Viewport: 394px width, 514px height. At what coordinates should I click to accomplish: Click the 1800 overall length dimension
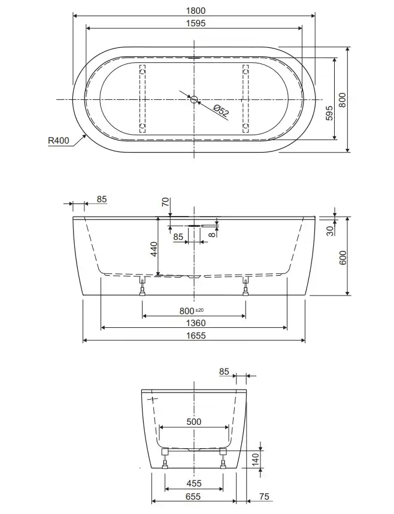[x=196, y=11]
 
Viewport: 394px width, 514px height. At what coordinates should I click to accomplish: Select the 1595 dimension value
[x=196, y=23]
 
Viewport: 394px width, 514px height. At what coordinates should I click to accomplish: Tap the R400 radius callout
[x=59, y=140]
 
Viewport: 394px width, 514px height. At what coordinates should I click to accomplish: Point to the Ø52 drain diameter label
[x=221, y=111]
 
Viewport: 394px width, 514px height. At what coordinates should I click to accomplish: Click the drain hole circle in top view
[x=194, y=99]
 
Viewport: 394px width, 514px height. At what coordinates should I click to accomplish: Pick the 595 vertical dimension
[x=329, y=113]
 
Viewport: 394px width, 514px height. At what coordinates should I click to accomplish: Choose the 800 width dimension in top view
[x=342, y=100]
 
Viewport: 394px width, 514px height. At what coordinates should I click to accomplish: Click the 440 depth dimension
[x=154, y=249]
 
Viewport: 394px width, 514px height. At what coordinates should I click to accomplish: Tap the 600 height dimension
[x=343, y=258]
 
